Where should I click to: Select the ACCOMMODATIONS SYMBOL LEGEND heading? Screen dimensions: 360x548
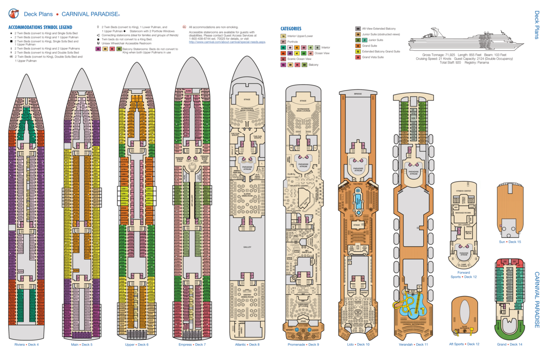tap(40, 27)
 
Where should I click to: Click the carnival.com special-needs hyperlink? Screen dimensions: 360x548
tap(227, 42)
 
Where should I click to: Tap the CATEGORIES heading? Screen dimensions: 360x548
tap(290, 28)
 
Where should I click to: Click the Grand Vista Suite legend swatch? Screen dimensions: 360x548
tap(358, 57)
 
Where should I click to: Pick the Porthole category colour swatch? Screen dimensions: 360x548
tap(283, 42)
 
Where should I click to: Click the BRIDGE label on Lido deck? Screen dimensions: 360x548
tap(358, 94)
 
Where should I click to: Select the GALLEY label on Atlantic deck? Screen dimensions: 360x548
tap(247, 247)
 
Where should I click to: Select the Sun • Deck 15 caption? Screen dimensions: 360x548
tap(511, 242)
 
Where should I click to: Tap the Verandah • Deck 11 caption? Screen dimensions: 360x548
tap(413, 344)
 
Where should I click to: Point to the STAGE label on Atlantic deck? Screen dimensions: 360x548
tap(247, 99)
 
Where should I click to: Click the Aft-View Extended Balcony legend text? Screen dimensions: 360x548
tap(379, 28)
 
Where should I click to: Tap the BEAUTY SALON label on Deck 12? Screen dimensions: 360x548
tap(468, 233)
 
